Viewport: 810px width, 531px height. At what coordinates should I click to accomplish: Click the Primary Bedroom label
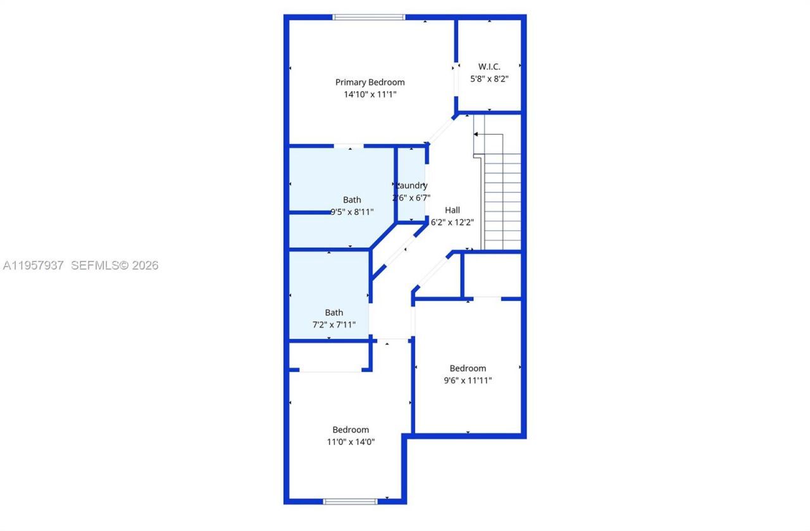pyautogui.click(x=370, y=82)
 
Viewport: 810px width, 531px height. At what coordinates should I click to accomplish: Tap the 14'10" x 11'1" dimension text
pyautogui.click(x=370, y=94)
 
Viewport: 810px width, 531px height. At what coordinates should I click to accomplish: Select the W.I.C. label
pyautogui.click(x=489, y=66)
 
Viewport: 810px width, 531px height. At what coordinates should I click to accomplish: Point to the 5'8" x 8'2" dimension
pyautogui.click(x=489, y=79)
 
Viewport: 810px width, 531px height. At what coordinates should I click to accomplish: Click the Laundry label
pyautogui.click(x=412, y=185)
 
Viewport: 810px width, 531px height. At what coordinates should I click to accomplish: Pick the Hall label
pyautogui.click(x=452, y=210)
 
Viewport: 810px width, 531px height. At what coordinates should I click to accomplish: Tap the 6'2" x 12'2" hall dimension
pyautogui.click(x=452, y=222)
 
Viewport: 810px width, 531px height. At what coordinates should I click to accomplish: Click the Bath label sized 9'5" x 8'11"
pyautogui.click(x=352, y=200)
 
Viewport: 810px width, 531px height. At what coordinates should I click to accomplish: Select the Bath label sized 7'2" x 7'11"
pyautogui.click(x=334, y=312)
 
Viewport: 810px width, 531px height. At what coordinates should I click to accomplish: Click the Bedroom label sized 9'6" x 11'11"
pyautogui.click(x=468, y=368)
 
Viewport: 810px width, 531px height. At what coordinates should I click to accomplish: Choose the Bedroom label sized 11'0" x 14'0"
pyautogui.click(x=351, y=430)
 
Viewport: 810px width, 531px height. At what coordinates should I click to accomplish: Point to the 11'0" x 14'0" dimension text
pyautogui.click(x=351, y=442)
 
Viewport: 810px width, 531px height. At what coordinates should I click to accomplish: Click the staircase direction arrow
pyautogui.click(x=476, y=134)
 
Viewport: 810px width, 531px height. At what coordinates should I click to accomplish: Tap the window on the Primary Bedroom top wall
pyautogui.click(x=369, y=17)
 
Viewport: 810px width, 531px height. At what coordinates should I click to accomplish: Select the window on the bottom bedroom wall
pyautogui.click(x=350, y=501)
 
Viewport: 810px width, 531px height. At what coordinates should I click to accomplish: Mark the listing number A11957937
pyautogui.click(x=33, y=265)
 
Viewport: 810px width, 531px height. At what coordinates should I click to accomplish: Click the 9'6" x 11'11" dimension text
pyautogui.click(x=468, y=381)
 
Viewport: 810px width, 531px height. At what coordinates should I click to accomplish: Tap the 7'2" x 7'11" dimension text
pyautogui.click(x=334, y=325)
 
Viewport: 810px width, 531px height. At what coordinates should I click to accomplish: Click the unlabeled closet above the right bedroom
pyautogui.click(x=492, y=274)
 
